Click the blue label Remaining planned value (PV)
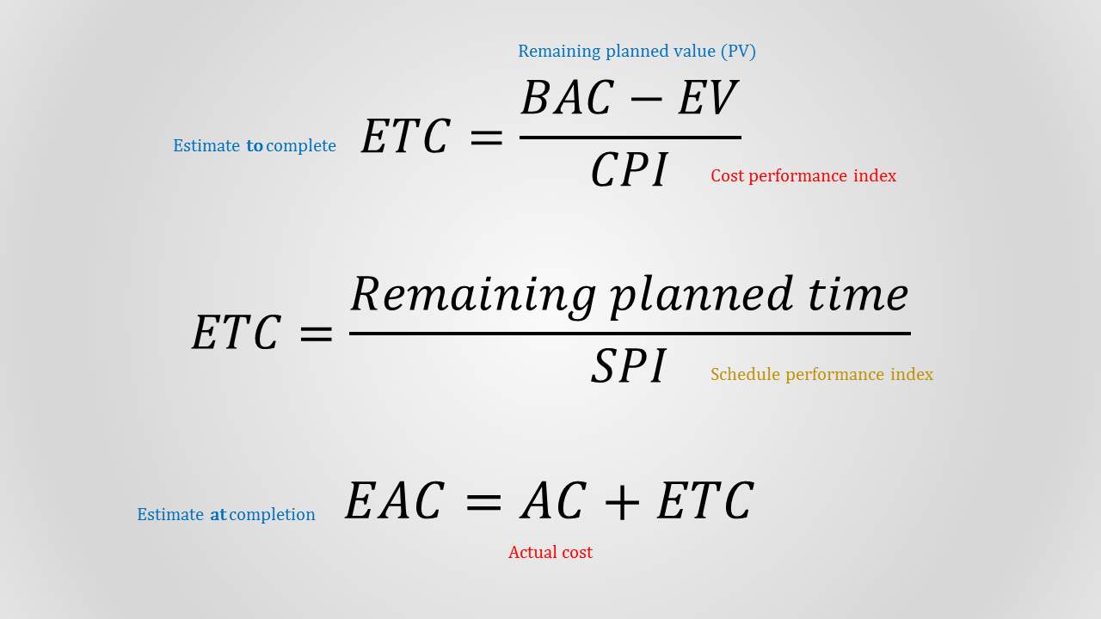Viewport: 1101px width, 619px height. tap(637, 52)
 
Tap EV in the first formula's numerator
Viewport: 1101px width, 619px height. tap(707, 99)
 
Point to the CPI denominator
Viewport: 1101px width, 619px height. tap(629, 170)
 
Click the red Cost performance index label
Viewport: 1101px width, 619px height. tap(803, 176)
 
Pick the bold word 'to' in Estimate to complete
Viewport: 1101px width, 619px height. tap(255, 146)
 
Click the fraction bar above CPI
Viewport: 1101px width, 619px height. tap(630, 138)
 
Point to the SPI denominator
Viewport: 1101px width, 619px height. tap(629, 367)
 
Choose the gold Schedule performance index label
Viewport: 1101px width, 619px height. tap(821, 375)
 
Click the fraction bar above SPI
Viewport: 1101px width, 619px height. tap(630, 334)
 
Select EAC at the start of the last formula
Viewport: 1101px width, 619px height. tap(395, 502)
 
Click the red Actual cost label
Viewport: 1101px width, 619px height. tap(550, 553)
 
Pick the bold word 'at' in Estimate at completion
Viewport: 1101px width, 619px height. tap(218, 515)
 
